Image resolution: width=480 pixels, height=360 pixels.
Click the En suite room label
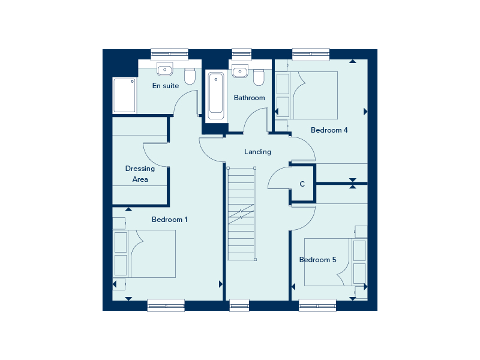tap(166, 86)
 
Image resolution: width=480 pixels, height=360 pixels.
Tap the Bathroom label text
tap(249, 98)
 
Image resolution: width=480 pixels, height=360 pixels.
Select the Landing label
tap(257, 152)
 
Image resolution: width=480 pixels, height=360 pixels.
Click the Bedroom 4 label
tap(329, 130)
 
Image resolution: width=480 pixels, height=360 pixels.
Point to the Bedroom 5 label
tap(318, 260)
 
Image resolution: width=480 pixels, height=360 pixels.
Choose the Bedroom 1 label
tap(170, 220)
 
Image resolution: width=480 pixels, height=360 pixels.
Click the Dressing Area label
tap(140, 174)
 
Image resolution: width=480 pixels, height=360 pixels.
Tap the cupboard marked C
tap(302, 184)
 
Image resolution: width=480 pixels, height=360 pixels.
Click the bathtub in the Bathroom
tap(216, 95)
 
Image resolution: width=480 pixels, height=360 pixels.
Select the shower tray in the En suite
tap(124, 95)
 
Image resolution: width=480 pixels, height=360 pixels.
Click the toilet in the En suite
tap(190, 76)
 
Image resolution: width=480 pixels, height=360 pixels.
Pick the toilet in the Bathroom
tap(259, 77)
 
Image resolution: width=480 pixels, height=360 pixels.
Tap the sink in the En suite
tap(164, 70)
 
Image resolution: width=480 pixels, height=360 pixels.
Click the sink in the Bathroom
tap(240, 71)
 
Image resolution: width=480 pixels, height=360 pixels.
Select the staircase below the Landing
tap(241, 214)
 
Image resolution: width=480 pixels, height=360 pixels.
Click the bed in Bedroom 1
tap(145, 254)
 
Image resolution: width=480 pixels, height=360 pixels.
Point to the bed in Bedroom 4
tap(307, 95)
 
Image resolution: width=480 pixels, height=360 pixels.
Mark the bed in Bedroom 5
tap(335, 262)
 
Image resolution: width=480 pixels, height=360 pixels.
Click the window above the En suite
tap(170, 54)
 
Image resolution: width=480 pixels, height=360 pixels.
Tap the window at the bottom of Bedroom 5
tap(317, 305)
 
